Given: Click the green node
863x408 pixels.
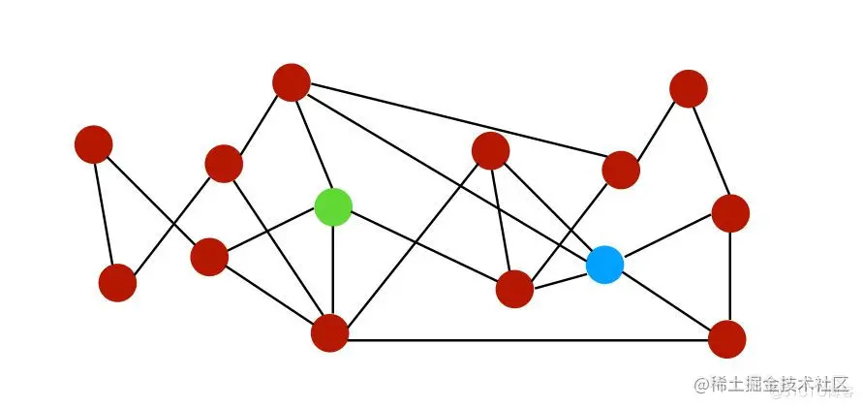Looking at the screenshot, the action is click(x=333, y=206).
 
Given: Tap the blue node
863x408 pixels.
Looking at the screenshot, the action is click(x=605, y=265).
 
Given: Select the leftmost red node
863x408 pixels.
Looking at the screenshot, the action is click(x=94, y=144).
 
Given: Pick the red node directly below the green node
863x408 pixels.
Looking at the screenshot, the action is click(x=330, y=333).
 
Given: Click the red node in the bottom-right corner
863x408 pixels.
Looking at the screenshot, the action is click(x=726, y=339).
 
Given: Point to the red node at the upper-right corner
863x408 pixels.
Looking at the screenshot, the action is click(x=688, y=88).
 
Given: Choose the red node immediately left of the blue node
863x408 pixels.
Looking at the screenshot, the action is click(x=514, y=289).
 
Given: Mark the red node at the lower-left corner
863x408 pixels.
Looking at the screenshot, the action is click(x=117, y=283).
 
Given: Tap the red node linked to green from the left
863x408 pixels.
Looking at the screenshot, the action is click(x=209, y=257).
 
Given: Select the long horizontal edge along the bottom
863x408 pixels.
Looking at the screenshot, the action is click(x=528, y=340).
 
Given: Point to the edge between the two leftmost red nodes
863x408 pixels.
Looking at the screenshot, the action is click(x=106, y=213).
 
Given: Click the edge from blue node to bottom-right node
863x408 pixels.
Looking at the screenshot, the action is click(x=666, y=302).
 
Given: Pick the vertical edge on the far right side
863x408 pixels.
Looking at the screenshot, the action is click(x=729, y=276).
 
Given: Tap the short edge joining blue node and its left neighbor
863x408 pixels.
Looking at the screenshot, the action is click(x=560, y=277).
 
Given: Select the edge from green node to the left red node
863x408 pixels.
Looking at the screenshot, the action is click(x=271, y=232).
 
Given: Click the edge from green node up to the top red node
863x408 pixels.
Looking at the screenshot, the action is click(x=312, y=143).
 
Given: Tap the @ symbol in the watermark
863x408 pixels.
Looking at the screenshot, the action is click(x=702, y=383).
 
